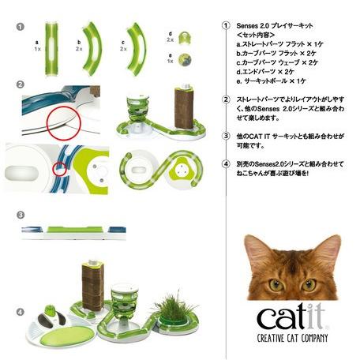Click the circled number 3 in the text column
226,136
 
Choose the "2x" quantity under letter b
80,48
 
